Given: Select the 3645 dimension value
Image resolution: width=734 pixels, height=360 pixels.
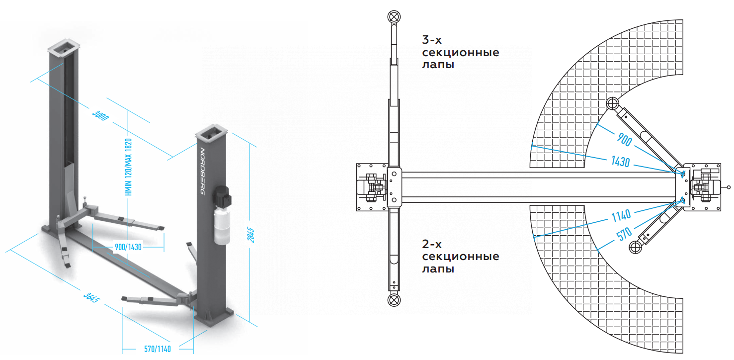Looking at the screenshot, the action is pyautogui.click(x=91, y=297).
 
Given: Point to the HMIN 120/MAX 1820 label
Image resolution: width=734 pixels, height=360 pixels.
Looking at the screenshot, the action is pyautogui.click(x=128, y=167).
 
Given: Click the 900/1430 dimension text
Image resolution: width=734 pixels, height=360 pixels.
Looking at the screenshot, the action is pyautogui.click(x=128, y=247).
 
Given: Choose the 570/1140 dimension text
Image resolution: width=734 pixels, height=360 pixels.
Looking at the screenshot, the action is pyautogui.click(x=157, y=349).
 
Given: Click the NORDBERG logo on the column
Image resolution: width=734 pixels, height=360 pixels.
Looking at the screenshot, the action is pyautogui.click(x=202, y=171).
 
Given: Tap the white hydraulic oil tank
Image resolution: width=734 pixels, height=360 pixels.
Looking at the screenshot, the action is pyautogui.click(x=222, y=227).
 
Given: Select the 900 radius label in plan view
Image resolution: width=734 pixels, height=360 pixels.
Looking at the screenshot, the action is pyautogui.click(x=624, y=140).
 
